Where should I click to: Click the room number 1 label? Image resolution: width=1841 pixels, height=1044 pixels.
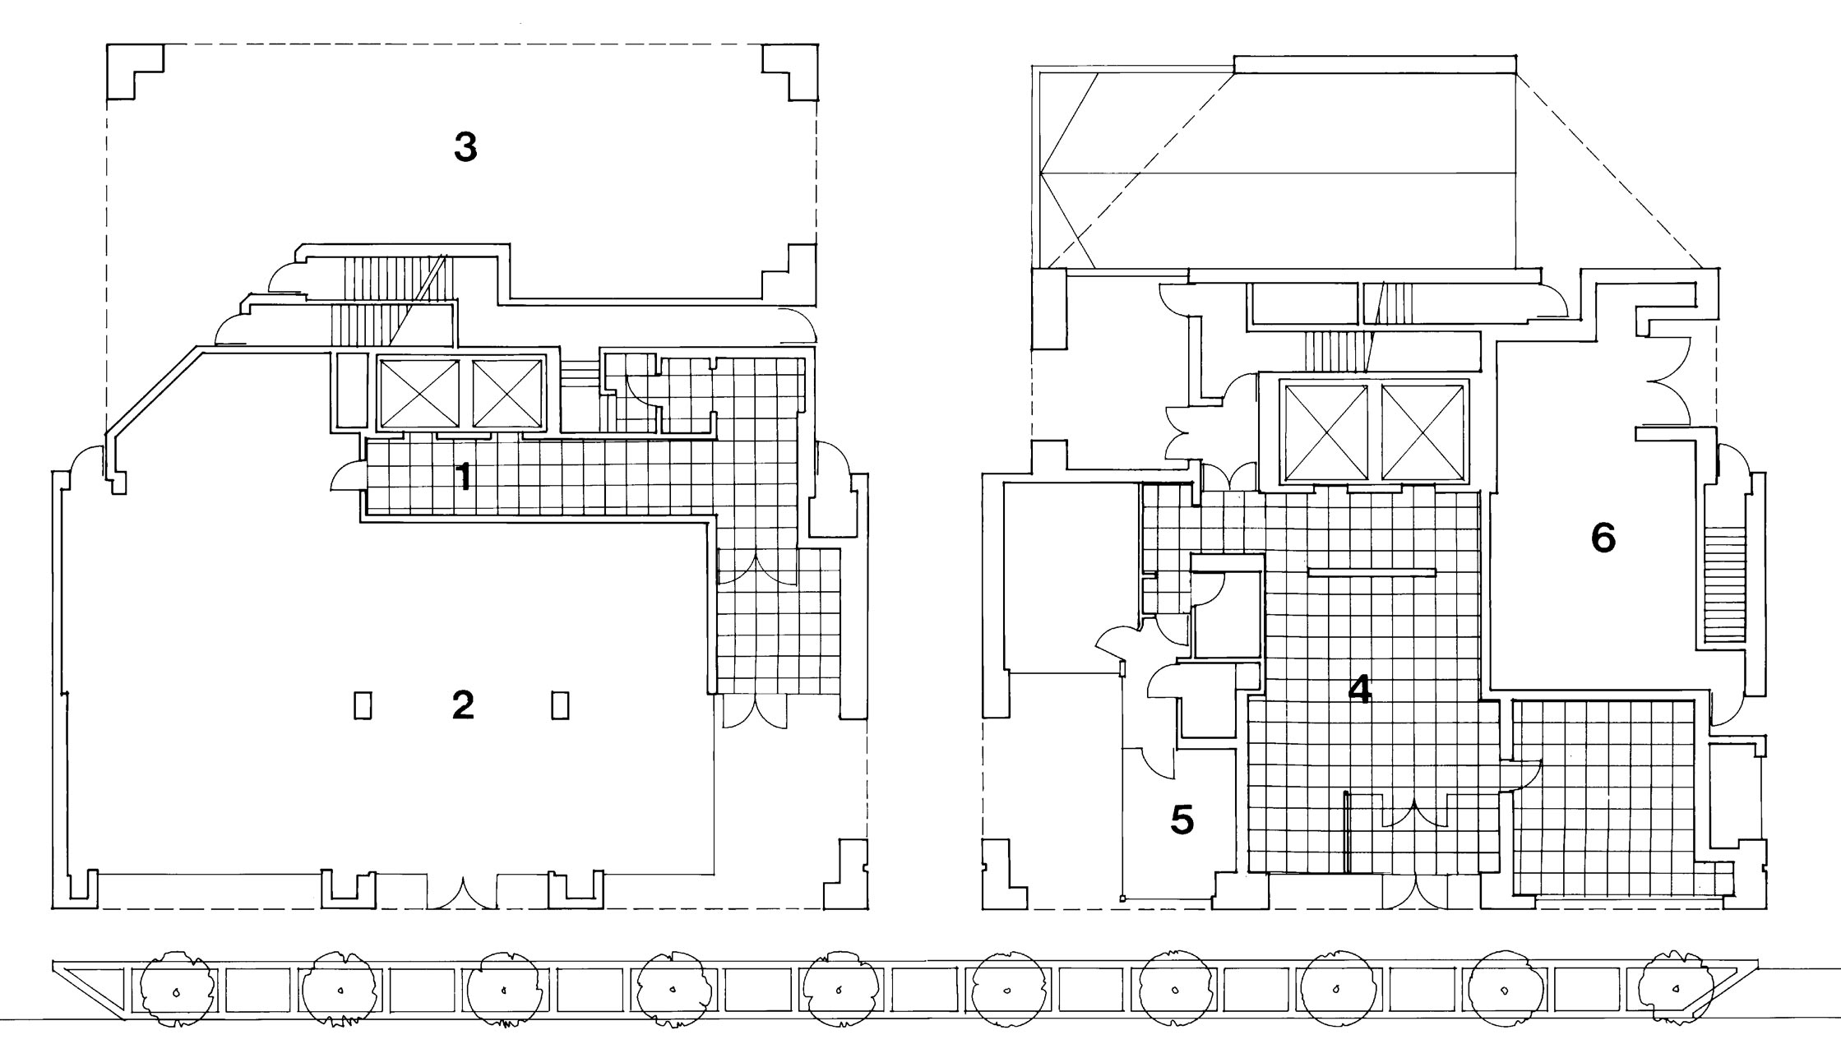pyautogui.click(x=465, y=477)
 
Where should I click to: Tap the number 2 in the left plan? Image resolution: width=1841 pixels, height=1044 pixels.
pyautogui.click(x=463, y=704)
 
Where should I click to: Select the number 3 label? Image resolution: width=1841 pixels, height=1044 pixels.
pyautogui.click(x=465, y=147)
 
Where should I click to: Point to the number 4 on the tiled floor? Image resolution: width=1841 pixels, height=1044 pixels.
pyautogui.click(x=1361, y=690)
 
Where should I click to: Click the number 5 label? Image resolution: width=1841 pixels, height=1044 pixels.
pyautogui.click(x=1182, y=820)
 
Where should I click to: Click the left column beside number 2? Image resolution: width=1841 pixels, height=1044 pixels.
pyautogui.click(x=363, y=706)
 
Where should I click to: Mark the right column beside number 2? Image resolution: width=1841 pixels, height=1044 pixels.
pyautogui.click(x=561, y=706)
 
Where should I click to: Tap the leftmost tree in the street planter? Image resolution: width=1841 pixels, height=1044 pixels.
pyautogui.click(x=177, y=992)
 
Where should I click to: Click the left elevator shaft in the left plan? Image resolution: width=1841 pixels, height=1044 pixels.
pyautogui.click(x=418, y=394)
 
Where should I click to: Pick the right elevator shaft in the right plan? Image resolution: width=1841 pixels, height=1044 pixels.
pyautogui.click(x=1423, y=432)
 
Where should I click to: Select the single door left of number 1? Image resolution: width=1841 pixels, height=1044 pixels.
pyautogui.click(x=346, y=476)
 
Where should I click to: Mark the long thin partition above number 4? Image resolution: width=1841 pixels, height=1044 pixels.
pyautogui.click(x=1371, y=571)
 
